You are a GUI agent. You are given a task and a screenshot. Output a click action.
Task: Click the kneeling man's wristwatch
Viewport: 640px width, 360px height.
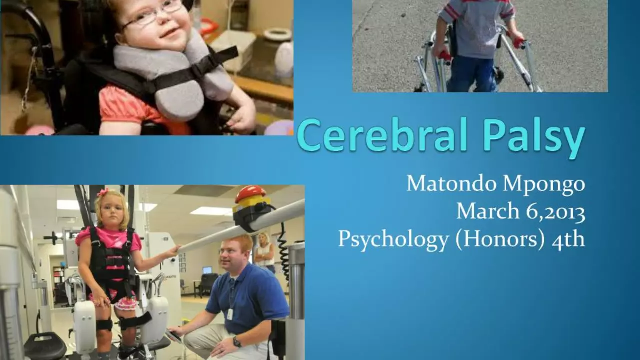coord(237,342)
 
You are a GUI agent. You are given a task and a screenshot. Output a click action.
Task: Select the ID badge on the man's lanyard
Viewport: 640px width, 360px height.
coord(230,314)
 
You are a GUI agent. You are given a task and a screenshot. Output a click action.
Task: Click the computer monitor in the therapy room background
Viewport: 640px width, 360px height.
coord(207,269)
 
